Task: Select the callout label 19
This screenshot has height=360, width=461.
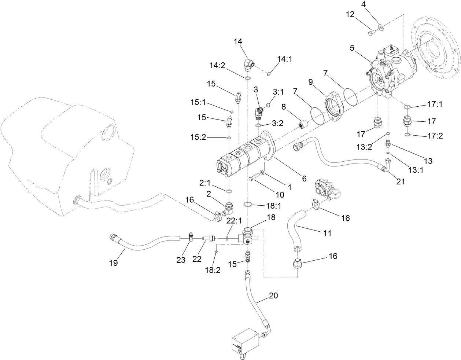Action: point(113,263)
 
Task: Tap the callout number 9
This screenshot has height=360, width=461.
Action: point(310,82)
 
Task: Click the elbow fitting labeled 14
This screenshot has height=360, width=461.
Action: point(249,65)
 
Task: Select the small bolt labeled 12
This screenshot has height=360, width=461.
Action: point(370,34)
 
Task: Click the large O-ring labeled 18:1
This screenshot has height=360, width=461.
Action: point(248,204)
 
